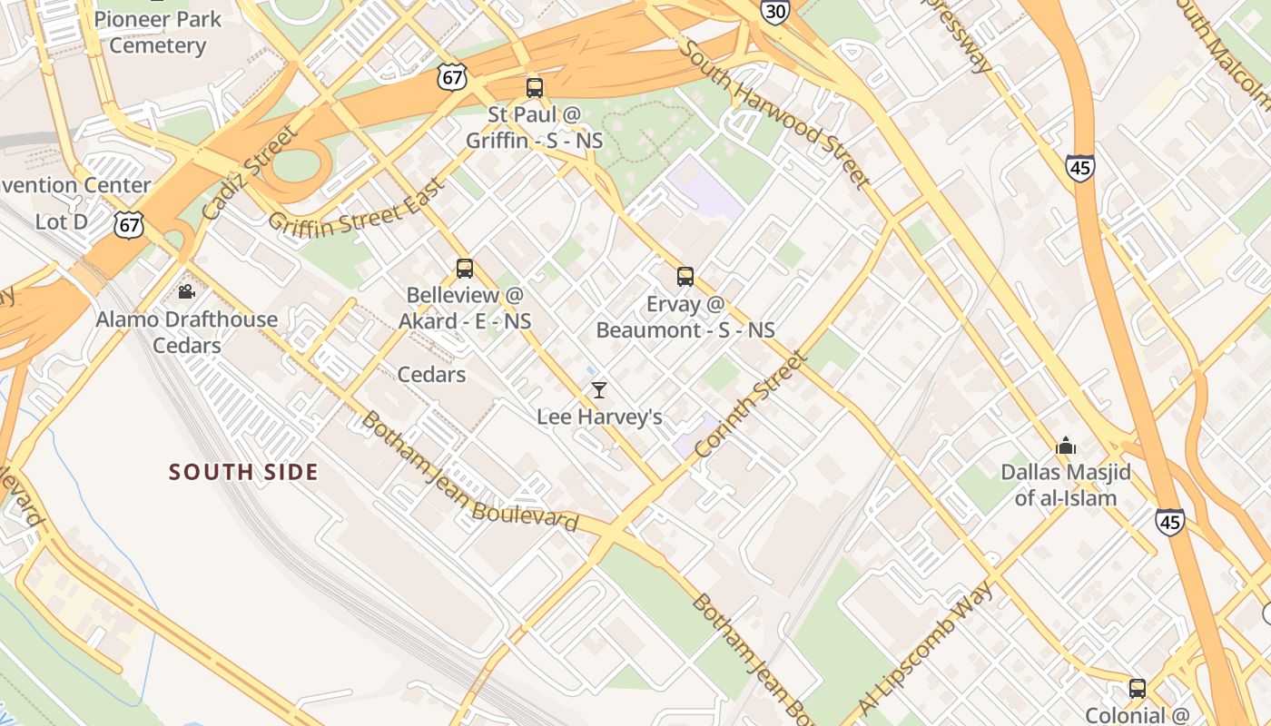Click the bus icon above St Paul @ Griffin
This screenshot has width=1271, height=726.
(x=535, y=88)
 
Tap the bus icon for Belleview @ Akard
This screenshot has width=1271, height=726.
(x=465, y=269)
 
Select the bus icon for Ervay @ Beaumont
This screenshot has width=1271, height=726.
(x=685, y=277)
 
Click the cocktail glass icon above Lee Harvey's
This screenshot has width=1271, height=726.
(x=599, y=390)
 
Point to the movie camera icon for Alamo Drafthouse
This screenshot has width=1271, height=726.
(x=187, y=292)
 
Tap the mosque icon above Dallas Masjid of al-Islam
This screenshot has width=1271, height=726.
(x=1066, y=446)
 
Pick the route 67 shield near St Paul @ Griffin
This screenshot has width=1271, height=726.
(x=451, y=77)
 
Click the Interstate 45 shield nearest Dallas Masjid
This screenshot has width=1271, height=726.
(x=1169, y=522)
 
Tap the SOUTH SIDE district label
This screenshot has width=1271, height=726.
(x=243, y=472)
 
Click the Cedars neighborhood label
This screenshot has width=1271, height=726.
(x=431, y=375)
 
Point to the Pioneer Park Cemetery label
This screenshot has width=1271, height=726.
(x=157, y=33)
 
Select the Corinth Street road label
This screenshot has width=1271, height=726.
(x=750, y=404)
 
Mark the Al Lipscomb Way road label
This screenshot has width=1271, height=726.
(x=926, y=647)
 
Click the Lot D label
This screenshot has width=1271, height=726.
(x=62, y=221)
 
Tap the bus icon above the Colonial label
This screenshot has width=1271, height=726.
(x=1138, y=689)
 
